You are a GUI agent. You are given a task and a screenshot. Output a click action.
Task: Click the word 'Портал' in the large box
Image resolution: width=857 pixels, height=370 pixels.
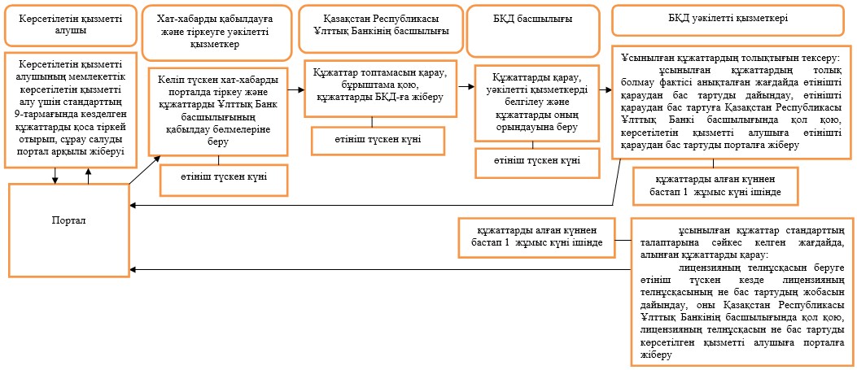[69, 220]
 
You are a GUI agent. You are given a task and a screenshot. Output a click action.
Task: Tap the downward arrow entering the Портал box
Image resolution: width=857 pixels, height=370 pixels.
[55, 175]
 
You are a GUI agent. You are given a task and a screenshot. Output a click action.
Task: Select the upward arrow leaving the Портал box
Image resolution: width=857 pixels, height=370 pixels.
[89, 175]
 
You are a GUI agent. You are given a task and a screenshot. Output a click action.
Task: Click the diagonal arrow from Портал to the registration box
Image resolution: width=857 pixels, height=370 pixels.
[145, 170]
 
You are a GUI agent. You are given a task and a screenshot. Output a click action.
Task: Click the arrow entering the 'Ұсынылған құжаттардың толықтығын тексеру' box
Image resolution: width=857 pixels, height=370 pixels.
[605, 89]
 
